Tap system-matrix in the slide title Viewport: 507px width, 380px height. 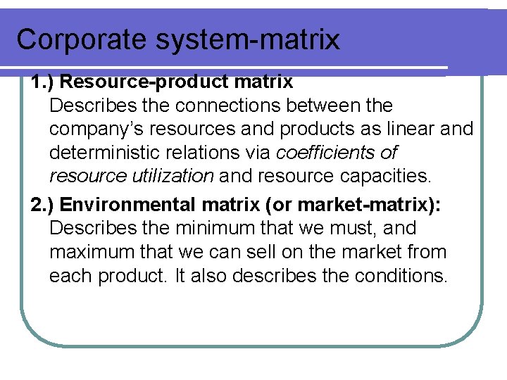pyautogui.click(x=246, y=39)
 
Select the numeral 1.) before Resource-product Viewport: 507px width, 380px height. pyautogui.click(x=43, y=82)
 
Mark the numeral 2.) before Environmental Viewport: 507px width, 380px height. pyautogui.click(x=43, y=205)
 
